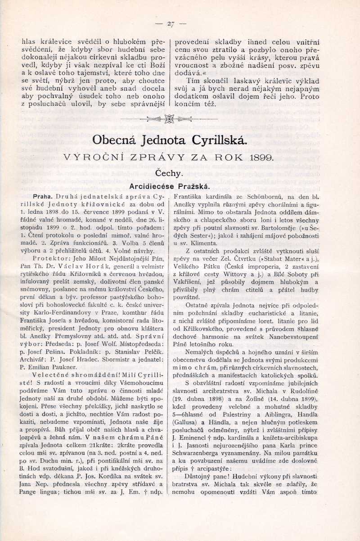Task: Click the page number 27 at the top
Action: point(171,24)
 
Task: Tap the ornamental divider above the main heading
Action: point(170,119)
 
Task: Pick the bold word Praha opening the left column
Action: point(43,197)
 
